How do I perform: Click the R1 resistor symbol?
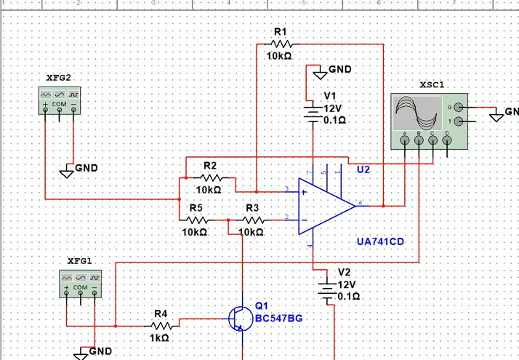click(281, 44)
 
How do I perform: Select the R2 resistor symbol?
click(211, 177)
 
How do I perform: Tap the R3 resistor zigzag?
click(252, 219)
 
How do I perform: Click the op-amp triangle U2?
click(323, 206)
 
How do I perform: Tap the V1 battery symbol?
click(313, 110)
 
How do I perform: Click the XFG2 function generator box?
click(60, 100)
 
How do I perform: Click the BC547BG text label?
click(279, 319)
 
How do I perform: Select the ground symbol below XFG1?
click(81, 353)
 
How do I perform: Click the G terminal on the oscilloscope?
click(458, 107)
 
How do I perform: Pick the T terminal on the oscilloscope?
click(458, 121)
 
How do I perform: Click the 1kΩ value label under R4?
click(160, 337)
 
